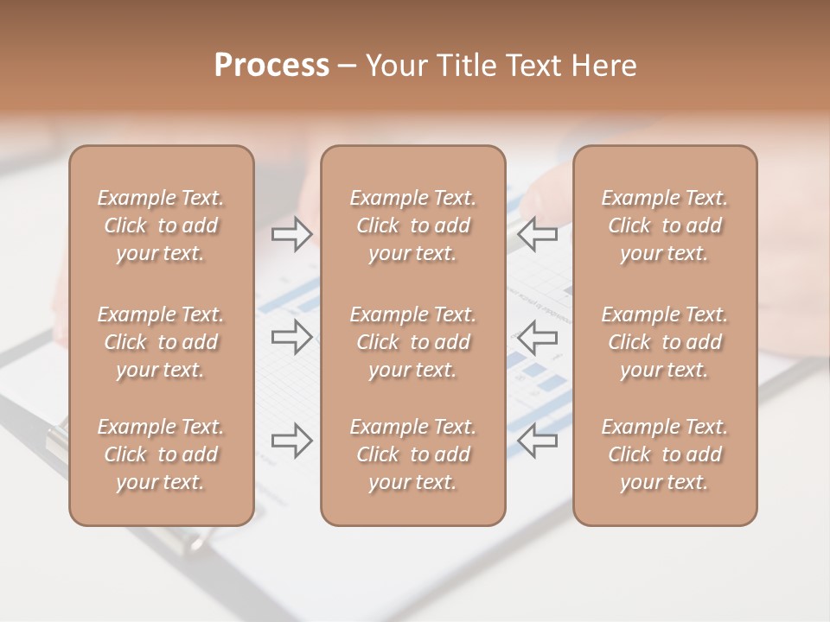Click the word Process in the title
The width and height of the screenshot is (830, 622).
[x=271, y=66]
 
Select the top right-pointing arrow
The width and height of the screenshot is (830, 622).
[x=292, y=233]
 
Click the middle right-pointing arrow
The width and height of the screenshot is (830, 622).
[x=292, y=336]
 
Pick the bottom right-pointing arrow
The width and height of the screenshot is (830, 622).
[x=292, y=440]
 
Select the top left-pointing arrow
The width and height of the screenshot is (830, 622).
[x=538, y=233]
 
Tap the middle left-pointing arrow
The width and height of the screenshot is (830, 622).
[x=538, y=336]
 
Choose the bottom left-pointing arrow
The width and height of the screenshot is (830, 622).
[x=538, y=440]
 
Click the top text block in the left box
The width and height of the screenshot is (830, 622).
[x=161, y=225]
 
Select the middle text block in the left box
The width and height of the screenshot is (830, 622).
[x=161, y=342]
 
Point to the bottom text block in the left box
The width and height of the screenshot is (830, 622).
[x=161, y=454]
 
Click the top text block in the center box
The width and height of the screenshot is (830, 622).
[x=413, y=225]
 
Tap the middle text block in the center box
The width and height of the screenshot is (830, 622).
[x=413, y=342]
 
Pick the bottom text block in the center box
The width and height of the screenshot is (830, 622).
[x=413, y=454]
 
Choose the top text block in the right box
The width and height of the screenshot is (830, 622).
[x=665, y=225]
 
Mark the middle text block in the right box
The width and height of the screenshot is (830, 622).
[x=665, y=342]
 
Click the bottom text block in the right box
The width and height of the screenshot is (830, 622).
[x=665, y=454]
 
